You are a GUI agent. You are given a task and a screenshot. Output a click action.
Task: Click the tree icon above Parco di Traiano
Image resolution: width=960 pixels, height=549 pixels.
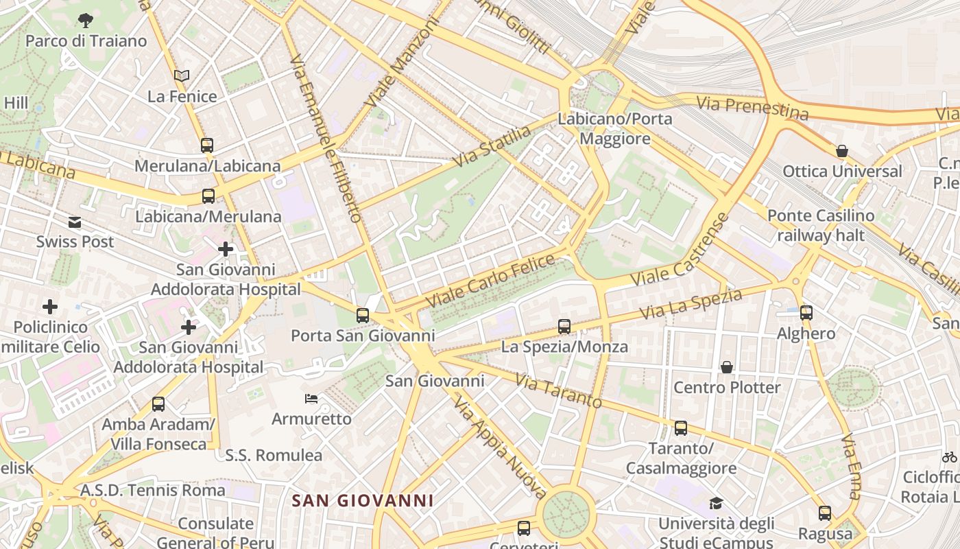(86, 20)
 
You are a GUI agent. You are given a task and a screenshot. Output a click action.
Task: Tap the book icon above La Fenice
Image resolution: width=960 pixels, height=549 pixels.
(181, 75)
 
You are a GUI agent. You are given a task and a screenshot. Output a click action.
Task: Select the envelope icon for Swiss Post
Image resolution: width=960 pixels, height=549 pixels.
(74, 222)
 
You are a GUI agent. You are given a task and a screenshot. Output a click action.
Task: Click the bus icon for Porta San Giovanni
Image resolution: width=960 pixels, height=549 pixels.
(362, 316)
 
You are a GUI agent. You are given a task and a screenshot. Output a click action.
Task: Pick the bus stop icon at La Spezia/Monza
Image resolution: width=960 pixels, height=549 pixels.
(564, 327)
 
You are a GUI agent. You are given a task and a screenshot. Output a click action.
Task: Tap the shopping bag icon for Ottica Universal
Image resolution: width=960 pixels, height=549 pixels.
(841, 151)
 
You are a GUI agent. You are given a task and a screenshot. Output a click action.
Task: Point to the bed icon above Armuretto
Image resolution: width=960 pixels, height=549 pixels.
(311, 399)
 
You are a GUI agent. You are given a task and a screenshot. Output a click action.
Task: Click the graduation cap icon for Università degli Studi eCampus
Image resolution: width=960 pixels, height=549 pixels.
(716, 504)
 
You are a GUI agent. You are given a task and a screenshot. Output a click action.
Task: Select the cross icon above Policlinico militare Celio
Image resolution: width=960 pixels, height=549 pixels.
(50, 307)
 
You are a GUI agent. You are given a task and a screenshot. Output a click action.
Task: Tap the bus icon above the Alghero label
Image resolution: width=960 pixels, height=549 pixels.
(806, 313)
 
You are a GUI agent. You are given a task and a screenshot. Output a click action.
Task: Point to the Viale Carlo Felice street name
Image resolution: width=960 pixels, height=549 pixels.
(490, 281)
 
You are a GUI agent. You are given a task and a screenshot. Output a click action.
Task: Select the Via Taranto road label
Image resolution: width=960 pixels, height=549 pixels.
(558, 390)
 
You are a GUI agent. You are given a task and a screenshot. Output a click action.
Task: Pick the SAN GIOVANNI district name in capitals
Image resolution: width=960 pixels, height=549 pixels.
(363, 500)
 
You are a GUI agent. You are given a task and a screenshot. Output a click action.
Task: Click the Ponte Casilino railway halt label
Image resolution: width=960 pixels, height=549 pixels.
(820, 226)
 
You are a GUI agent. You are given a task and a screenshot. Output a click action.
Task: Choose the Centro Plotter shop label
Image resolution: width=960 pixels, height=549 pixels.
(727, 388)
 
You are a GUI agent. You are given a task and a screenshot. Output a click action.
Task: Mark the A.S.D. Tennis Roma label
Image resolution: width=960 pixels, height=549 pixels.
(152, 490)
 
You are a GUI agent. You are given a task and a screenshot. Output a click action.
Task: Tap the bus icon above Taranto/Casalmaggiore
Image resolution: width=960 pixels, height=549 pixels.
(680, 428)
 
